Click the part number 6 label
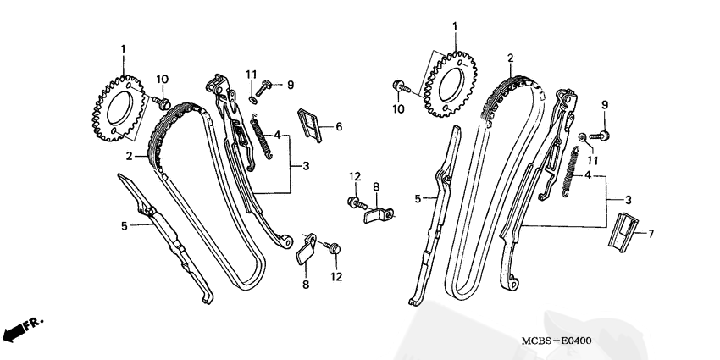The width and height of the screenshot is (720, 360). (x=339, y=127)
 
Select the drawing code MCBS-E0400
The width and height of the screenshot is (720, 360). (x=557, y=341)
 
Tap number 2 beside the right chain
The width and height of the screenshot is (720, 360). (x=510, y=58)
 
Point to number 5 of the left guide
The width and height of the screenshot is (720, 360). (x=124, y=226)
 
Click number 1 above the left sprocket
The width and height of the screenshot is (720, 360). (x=124, y=49)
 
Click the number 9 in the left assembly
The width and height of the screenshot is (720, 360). (x=290, y=85)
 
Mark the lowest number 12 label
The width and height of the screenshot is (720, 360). (x=337, y=277)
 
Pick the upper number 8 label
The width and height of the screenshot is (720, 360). (x=376, y=186)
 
